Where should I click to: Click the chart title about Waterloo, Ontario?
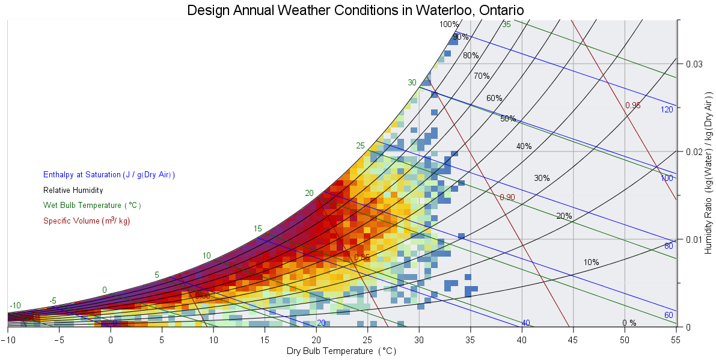[x=356, y=10]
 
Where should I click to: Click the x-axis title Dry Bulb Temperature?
[x=341, y=352]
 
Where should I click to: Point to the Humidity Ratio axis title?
[x=708, y=174]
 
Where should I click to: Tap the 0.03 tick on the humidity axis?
[x=694, y=64]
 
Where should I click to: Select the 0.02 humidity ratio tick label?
[x=694, y=151]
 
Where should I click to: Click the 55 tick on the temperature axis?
[x=676, y=340]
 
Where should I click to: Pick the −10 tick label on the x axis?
[x=7, y=340]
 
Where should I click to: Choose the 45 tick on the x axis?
[x=574, y=340]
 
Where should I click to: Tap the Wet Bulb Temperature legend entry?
[x=92, y=206]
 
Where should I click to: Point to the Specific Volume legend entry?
[x=87, y=221]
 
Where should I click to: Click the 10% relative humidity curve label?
[x=591, y=262]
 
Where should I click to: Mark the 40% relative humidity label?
[x=524, y=146]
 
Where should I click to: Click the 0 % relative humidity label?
[x=629, y=323]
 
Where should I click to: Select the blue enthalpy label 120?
[x=667, y=109]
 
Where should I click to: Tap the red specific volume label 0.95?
[x=632, y=105]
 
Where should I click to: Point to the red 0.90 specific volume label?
[x=507, y=197]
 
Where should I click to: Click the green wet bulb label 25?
[x=360, y=146]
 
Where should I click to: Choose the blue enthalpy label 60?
[x=669, y=315]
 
